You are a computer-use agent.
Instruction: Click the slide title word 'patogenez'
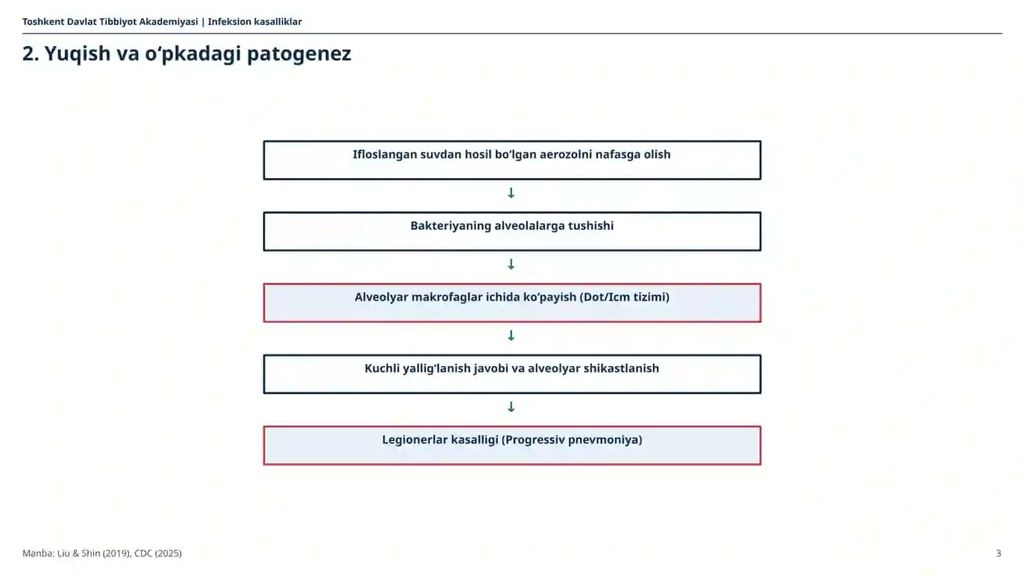[299, 54]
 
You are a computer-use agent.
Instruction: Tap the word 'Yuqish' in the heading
[78, 54]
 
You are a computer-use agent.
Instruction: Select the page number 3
[999, 553]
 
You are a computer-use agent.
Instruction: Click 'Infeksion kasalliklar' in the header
[255, 22]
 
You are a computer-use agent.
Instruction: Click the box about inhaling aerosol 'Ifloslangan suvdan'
[512, 160]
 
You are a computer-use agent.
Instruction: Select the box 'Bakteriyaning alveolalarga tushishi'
[512, 231]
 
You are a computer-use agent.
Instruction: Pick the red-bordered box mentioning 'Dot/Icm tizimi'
[512, 303]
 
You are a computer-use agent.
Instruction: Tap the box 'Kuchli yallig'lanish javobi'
[512, 374]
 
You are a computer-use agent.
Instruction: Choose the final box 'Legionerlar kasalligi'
[512, 445]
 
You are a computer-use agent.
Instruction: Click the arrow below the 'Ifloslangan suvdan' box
[511, 193]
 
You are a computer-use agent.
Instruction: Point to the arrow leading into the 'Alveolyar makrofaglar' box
[511, 264]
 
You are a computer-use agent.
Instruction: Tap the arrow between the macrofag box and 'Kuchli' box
[511, 335]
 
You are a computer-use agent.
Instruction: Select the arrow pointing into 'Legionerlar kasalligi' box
[511, 407]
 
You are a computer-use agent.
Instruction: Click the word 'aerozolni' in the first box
[566, 154]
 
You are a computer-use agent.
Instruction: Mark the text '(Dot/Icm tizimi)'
[625, 297]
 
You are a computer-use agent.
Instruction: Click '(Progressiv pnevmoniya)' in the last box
[572, 440]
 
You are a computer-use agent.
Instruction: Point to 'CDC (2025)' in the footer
[158, 553]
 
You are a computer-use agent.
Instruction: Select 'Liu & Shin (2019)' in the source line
[94, 553]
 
